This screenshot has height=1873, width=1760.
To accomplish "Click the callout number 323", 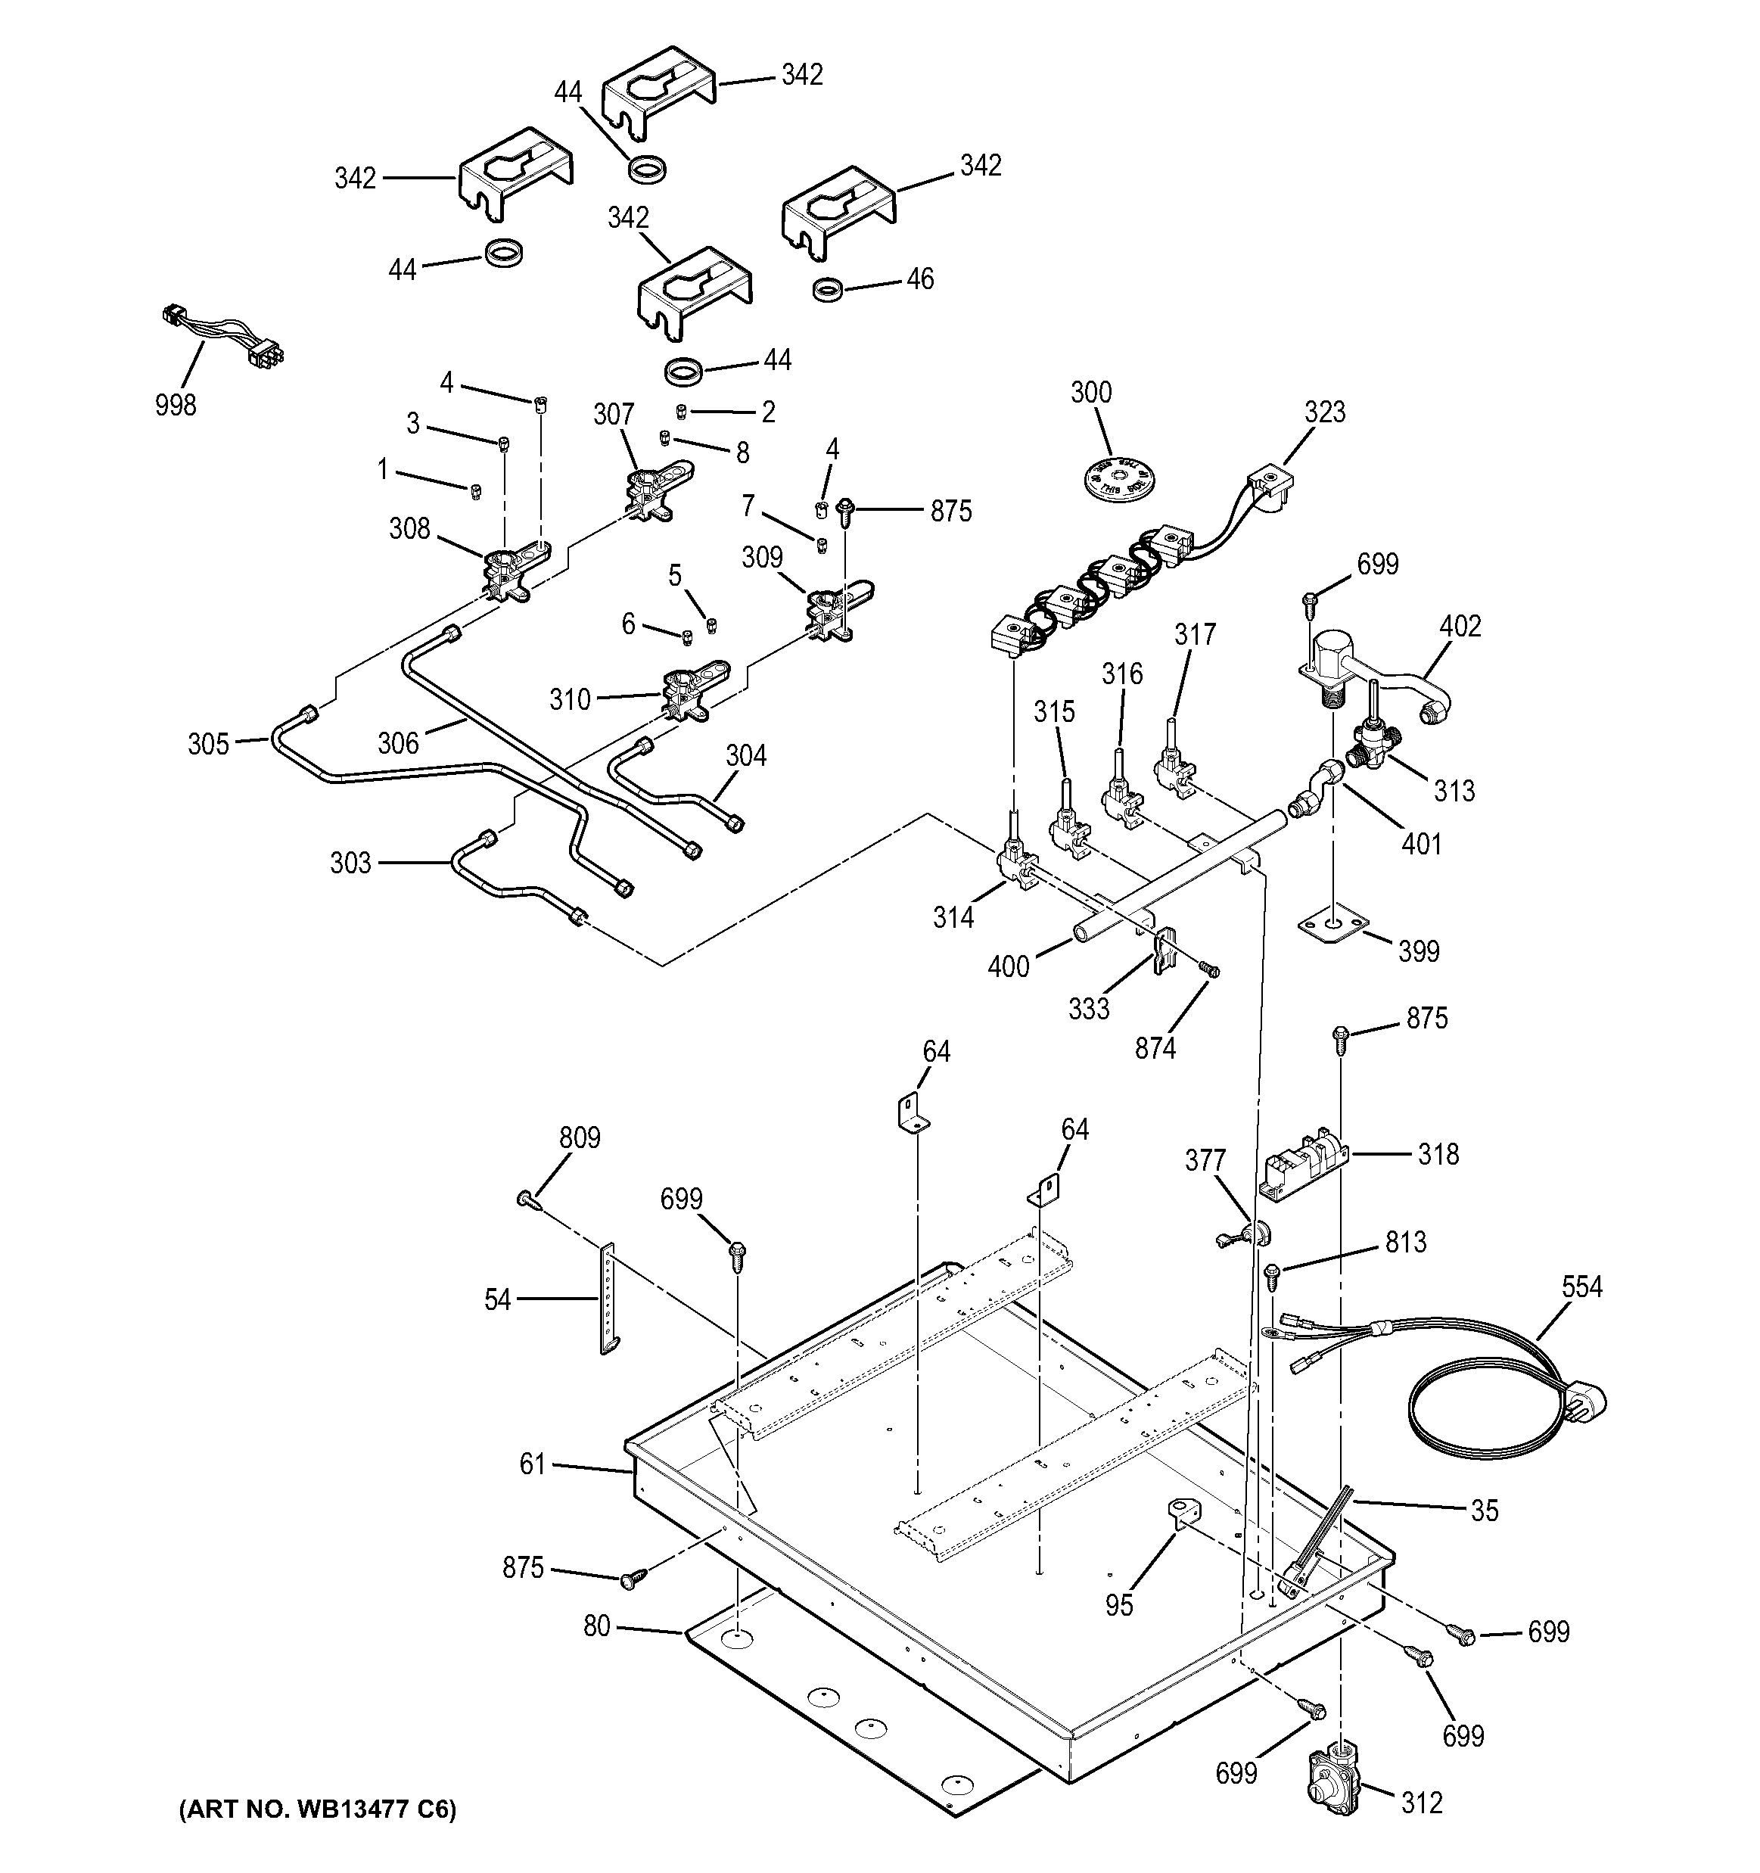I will click(1325, 412).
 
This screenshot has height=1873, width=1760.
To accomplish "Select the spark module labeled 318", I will click(1304, 1165).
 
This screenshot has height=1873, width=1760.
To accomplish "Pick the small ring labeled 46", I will click(826, 288).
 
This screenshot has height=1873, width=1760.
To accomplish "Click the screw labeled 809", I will click(527, 1199).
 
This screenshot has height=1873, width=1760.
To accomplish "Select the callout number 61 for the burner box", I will click(533, 1464).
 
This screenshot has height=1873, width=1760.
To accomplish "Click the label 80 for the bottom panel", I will click(597, 1627).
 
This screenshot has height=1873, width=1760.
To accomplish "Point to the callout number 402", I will click(1460, 626).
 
